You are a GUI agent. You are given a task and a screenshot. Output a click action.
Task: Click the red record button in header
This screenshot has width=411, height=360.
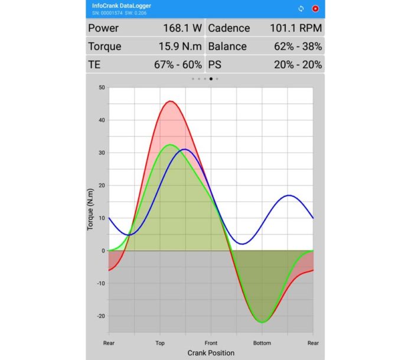316,9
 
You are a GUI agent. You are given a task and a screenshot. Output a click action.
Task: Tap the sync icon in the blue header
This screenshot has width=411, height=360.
301,9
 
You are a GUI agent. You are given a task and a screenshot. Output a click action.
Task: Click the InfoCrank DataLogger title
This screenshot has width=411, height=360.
122,5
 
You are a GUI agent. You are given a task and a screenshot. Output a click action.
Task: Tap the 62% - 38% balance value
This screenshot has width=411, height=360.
298,46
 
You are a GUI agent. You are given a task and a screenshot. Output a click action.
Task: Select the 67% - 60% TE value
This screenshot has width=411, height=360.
178,64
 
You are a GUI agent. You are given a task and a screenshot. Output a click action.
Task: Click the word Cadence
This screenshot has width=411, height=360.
229,28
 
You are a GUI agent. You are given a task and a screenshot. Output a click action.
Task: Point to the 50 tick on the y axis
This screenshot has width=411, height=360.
102,87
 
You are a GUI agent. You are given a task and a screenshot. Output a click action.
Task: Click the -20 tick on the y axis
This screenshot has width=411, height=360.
100,316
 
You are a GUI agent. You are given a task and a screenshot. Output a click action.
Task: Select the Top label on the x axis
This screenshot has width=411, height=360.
160,343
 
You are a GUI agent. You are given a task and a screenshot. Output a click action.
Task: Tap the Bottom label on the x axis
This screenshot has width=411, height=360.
262,343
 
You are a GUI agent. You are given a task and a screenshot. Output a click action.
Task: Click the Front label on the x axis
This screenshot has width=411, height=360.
211,343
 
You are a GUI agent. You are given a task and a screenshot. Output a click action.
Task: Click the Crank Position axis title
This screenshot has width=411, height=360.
211,353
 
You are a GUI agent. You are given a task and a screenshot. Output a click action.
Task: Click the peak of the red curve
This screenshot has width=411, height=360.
171,101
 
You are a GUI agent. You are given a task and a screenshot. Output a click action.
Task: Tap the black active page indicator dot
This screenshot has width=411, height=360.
211,79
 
